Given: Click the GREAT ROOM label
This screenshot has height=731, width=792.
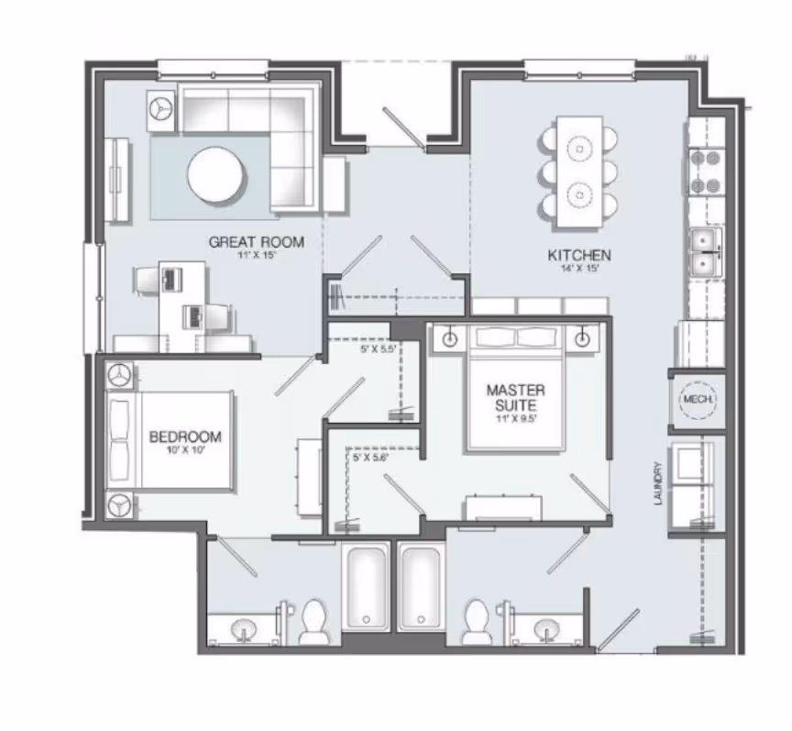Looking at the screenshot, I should click(256, 242).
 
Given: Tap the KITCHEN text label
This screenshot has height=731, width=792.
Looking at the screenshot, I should click(579, 255).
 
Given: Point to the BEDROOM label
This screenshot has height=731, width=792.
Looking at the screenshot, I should click(185, 437).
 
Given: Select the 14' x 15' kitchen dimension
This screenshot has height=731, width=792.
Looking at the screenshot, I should click(579, 269).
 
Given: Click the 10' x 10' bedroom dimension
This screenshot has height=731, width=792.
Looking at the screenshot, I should click(185, 450).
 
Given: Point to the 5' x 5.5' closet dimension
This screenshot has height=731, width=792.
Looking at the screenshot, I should click(378, 349).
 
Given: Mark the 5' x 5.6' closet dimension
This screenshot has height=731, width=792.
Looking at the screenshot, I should click(371, 456).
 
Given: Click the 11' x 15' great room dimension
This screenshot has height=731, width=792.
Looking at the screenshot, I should click(256, 256).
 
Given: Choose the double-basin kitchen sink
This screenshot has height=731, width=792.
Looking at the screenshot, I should click(706, 252).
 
